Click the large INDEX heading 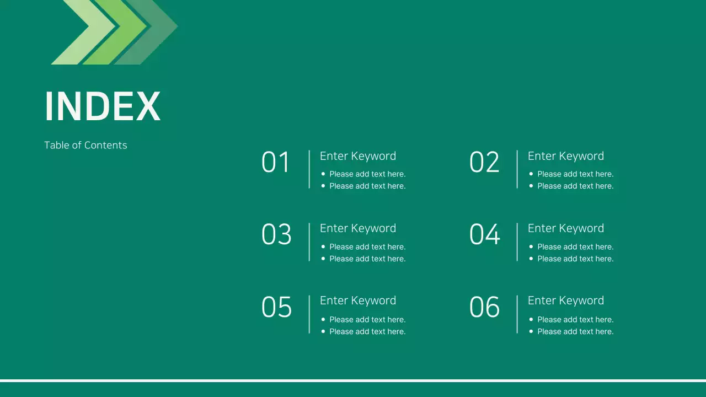click(x=103, y=106)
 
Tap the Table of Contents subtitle click(x=85, y=145)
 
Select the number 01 click(x=276, y=163)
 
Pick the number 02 click(x=484, y=163)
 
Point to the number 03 click(x=276, y=235)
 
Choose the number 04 click(x=484, y=235)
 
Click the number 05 click(x=276, y=308)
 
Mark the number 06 click(x=484, y=308)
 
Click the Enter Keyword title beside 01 click(x=358, y=156)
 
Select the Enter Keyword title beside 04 click(x=566, y=228)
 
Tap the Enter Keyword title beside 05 click(x=358, y=301)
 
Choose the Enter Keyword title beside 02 click(x=566, y=156)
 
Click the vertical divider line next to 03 click(x=309, y=242)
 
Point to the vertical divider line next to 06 click(x=517, y=314)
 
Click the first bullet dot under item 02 click(x=531, y=174)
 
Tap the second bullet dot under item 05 click(x=323, y=331)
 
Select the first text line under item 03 click(x=367, y=246)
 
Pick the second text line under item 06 click(x=575, y=331)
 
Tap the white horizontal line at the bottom click(x=353, y=380)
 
